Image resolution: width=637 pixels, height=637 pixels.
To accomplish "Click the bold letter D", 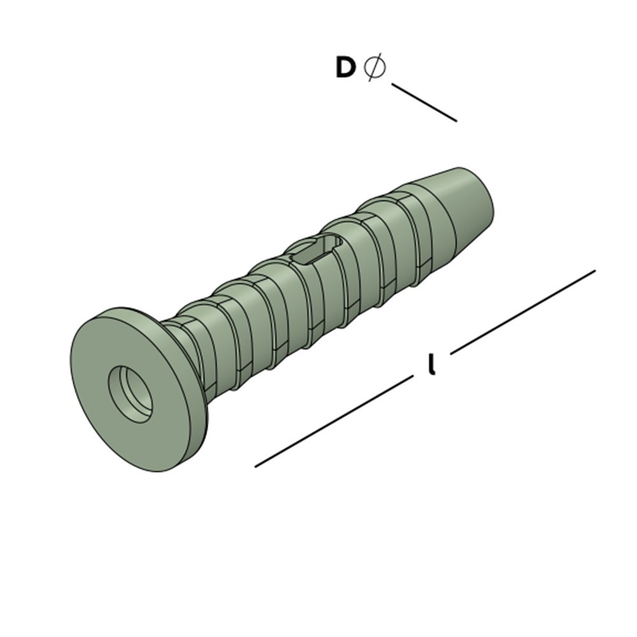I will coord(345,68).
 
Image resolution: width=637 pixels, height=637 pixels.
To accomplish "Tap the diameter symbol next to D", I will coord(375,67).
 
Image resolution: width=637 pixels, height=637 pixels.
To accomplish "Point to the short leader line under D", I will coord(424,102).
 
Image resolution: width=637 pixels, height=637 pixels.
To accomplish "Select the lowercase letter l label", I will coord(432,364).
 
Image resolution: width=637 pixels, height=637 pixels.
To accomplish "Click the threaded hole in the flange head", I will coord(131,393).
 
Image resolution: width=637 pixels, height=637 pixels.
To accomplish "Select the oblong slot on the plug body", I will coord(313,250).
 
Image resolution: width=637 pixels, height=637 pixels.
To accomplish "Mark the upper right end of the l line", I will coord(594,271).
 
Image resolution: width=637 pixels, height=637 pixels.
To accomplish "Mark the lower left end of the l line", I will coord(256,466).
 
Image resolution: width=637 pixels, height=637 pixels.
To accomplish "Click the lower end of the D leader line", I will coord(455,120).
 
